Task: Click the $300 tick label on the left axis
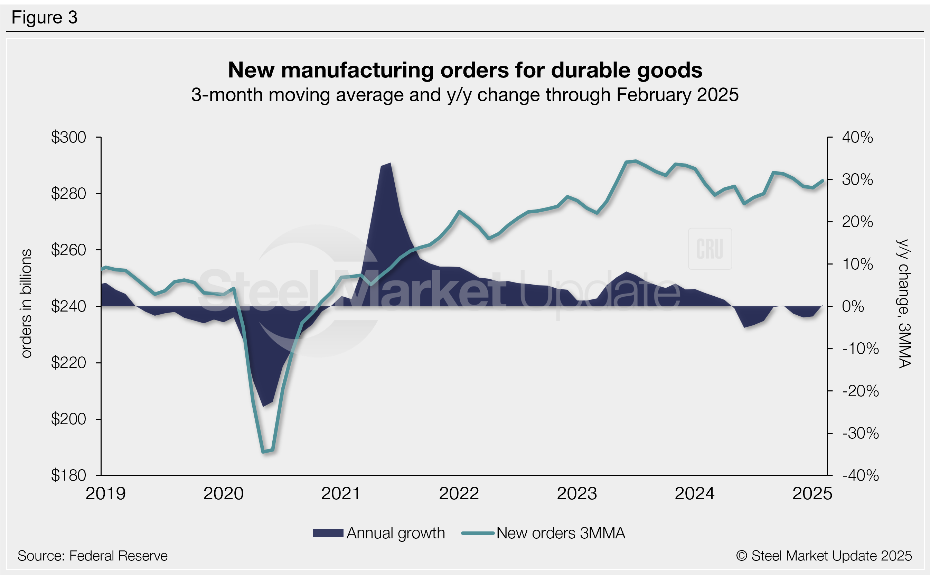pyautogui.click(x=68, y=137)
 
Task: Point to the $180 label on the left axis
pyautogui.click(x=68, y=475)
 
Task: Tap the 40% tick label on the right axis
pyautogui.click(x=857, y=137)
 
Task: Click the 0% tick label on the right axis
pyautogui.click(x=853, y=306)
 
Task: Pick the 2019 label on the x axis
pyautogui.click(x=105, y=494)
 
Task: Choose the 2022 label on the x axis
pyautogui.click(x=459, y=494)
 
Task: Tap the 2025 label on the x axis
pyautogui.click(x=812, y=494)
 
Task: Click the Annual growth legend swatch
pyautogui.click(x=328, y=533)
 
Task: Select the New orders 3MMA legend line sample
pyautogui.click(x=478, y=533)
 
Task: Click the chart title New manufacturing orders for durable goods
pyautogui.click(x=465, y=70)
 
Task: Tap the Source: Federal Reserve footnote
pyautogui.click(x=92, y=556)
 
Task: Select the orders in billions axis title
pyautogui.click(x=26, y=304)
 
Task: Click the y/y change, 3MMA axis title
pyautogui.click(x=904, y=304)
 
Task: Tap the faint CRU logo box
pyautogui.click(x=710, y=249)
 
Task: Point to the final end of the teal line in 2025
pyautogui.click(x=823, y=180)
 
